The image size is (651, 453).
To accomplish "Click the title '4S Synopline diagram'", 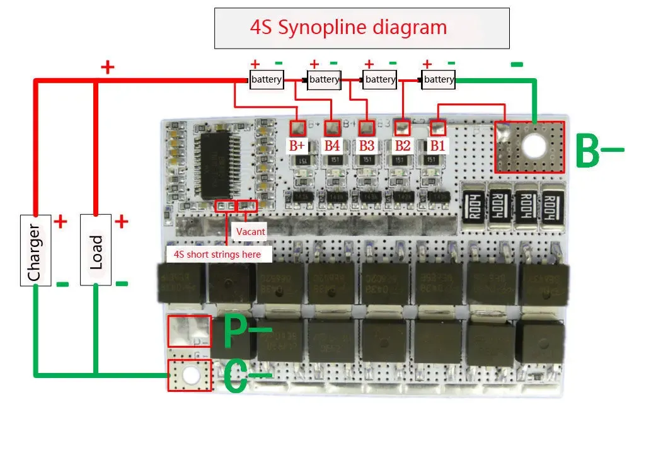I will click(x=349, y=28).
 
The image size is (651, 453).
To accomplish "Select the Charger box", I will click(x=35, y=249).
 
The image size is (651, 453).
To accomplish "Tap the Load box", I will click(x=96, y=249).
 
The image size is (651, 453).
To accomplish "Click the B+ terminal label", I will click(x=297, y=146).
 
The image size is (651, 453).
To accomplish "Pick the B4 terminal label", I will click(x=332, y=146).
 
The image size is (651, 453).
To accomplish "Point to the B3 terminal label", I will click(x=366, y=146).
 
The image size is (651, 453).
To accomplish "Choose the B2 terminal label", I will click(x=402, y=146).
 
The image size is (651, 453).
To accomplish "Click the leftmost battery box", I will click(x=267, y=79).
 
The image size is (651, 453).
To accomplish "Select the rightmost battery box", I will click(x=439, y=79).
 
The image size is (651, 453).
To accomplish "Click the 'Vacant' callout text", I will click(x=250, y=232).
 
